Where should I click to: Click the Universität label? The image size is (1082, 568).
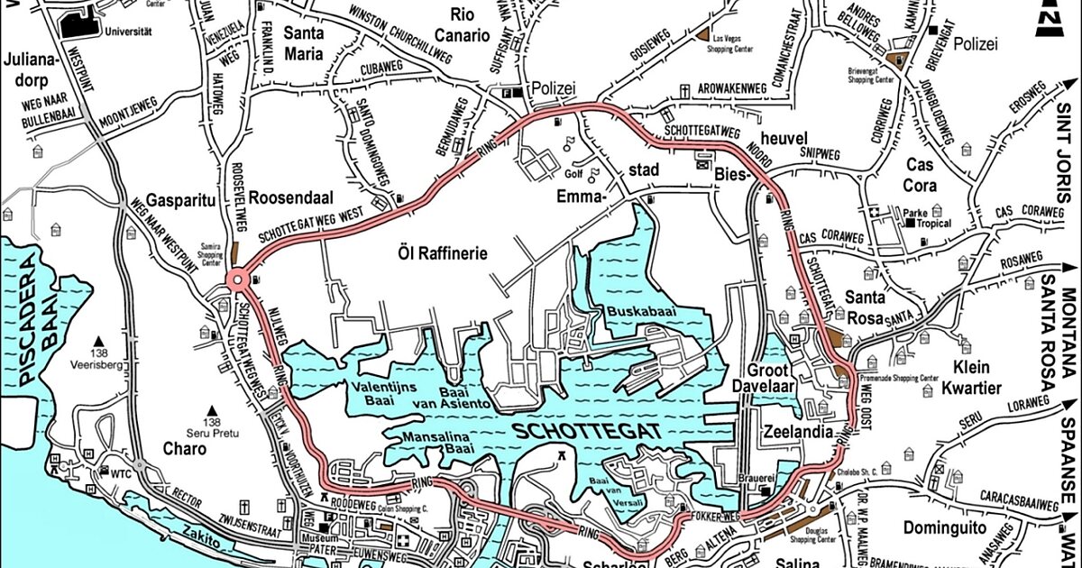click(128, 30)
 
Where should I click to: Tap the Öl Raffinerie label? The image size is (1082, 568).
click(442, 253)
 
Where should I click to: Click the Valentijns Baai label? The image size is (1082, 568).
click(388, 399)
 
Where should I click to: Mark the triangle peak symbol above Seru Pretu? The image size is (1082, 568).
click(213, 410)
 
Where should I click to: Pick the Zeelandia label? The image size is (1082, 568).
click(796, 431)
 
